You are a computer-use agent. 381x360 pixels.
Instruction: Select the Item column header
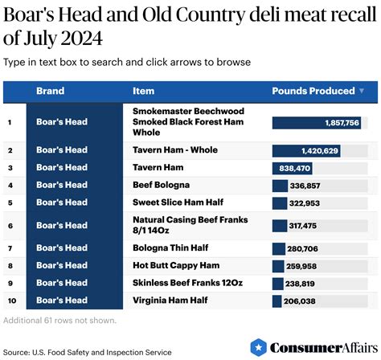coord(143,91)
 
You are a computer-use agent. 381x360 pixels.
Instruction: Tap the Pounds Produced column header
coord(313,91)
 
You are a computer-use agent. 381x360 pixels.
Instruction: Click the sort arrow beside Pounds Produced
coord(361,91)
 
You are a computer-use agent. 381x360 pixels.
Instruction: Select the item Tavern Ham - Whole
coord(174,150)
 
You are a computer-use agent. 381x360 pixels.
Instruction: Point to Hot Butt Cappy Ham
coord(175,265)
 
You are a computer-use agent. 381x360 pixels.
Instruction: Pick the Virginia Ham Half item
coord(170,300)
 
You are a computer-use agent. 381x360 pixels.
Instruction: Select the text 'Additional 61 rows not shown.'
coord(59,321)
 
